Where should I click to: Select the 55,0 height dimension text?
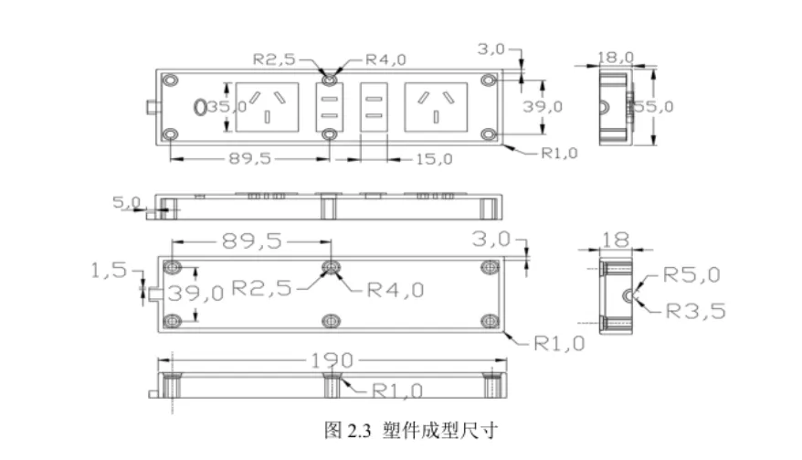[656, 106]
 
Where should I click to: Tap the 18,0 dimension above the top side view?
[615, 57]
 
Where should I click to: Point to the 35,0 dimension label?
[226, 106]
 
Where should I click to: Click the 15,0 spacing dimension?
[434, 158]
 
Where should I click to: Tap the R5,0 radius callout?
[691, 273]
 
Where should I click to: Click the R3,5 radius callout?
[695, 310]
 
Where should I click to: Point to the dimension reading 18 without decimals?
[616, 240]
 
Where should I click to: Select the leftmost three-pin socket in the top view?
[267, 106]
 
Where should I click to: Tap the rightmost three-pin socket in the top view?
[437, 106]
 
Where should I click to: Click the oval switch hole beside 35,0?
[200, 107]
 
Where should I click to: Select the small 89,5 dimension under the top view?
[249, 158]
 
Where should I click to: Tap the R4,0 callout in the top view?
[385, 59]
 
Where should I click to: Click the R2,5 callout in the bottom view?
[261, 288]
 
